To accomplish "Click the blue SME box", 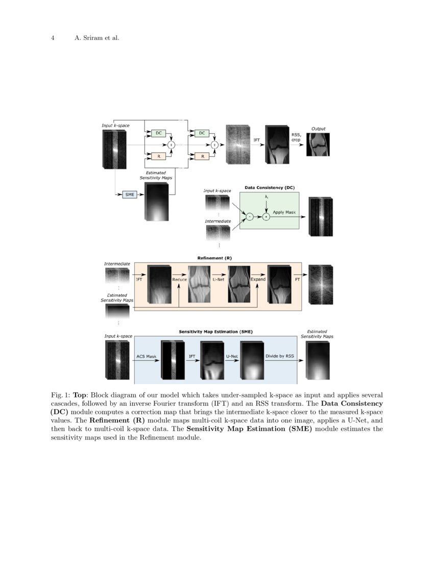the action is coord(130,195).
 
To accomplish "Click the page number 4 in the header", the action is coord(53,38).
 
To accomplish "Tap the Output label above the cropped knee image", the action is coord(318,129).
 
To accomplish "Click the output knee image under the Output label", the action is coord(318,145).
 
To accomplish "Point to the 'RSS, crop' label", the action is coord(296,137).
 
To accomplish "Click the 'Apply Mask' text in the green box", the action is coord(284,212).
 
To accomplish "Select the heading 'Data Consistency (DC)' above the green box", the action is coord(270,188).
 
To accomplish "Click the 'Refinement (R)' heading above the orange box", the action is coord(214,258).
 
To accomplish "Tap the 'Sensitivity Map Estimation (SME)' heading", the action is coord(215,332).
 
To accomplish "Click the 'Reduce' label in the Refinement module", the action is coord(179,279).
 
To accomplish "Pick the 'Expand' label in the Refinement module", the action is coord(258,279).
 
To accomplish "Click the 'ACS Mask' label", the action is coord(146,356).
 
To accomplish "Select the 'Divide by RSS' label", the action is coord(279,356).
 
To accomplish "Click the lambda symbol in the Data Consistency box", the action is coord(267,197).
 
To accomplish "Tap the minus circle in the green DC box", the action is coord(250,217).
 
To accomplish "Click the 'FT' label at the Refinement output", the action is coord(297,279).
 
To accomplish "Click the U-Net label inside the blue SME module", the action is coord(232,356).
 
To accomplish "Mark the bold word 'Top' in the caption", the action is coord(80,395).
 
